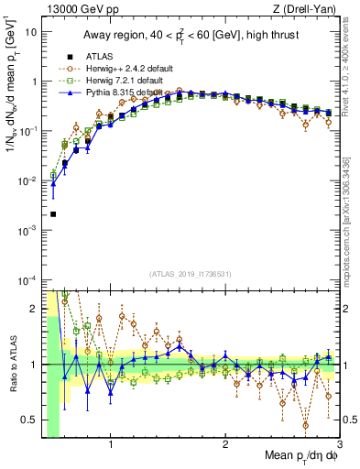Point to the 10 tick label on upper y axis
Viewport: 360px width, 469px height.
[x=31, y=31]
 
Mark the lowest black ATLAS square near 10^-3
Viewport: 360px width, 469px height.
[x=53, y=214]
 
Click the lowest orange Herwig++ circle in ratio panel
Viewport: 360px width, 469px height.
[x=305, y=425]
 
